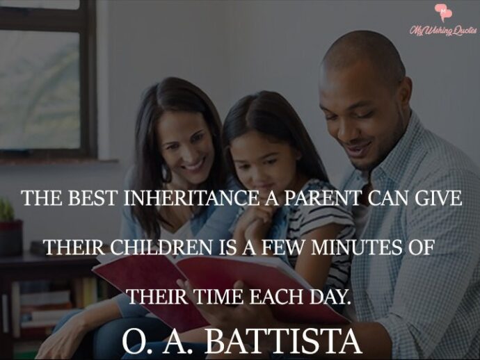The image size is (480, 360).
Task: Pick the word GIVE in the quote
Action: click(x=438, y=198)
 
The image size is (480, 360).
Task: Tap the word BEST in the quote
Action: click(x=95, y=198)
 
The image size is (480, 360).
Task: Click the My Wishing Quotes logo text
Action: click(x=443, y=31)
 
